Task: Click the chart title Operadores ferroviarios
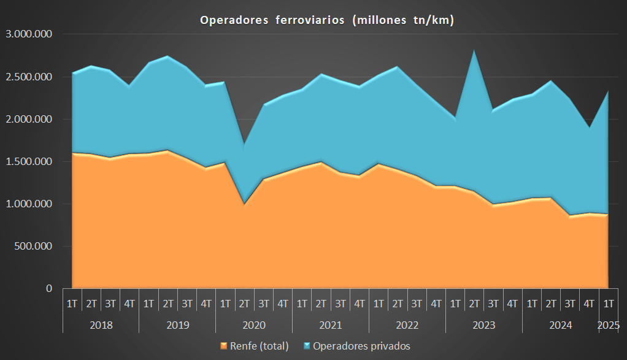(x=327, y=20)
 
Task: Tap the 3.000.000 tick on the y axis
(x=29, y=34)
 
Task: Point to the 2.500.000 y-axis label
(x=29, y=77)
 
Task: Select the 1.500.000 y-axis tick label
(x=29, y=161)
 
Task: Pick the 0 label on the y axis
(x=48, y=288)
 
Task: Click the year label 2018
(x=101, y=325)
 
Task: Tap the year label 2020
(x=254, y=325)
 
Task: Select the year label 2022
(x=407, y=325)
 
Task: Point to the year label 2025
(x=609, y=325)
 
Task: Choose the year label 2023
(x=484, y=325)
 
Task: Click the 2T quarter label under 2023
(x=474, y=303)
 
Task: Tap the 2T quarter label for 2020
(x=244, y=303)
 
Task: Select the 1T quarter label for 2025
(x=609, y=303)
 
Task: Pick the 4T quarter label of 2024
(x=589, y=303)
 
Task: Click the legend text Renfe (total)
(x=259, y=346)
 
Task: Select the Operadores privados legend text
(x=361, y=346)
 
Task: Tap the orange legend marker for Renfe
(x=223, y=346)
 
